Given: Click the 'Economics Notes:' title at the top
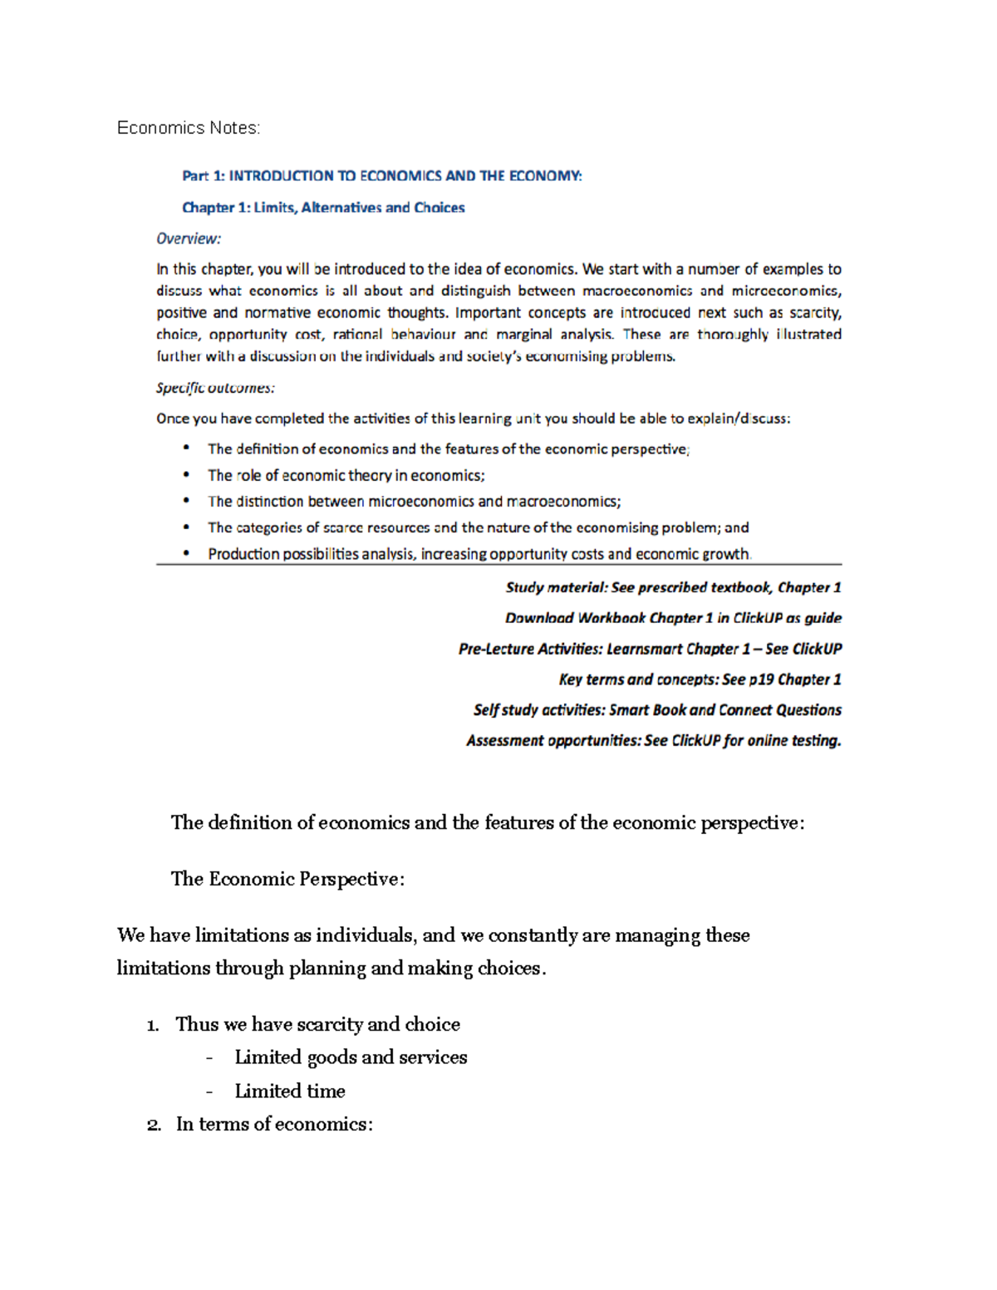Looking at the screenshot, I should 189,128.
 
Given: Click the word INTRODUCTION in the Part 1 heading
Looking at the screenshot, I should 281,176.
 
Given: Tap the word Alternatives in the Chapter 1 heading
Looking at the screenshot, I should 341,208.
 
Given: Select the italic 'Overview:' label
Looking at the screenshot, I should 189,239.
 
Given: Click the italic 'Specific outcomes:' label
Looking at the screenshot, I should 215,388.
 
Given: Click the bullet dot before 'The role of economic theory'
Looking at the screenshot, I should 187,474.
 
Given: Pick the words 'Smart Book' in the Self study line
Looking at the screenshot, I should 647,710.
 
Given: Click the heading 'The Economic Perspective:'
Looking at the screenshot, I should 287,879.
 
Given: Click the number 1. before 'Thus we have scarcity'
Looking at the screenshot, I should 152,1026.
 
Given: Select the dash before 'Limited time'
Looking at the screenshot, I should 209,1092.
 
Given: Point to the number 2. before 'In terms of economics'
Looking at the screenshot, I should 153,1126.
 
